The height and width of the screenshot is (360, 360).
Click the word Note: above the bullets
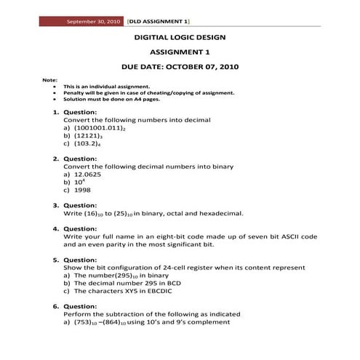tap(50, 79)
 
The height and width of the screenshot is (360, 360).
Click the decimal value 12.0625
tap(89, 175)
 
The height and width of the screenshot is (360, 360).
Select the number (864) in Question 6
tap(113, 322)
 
